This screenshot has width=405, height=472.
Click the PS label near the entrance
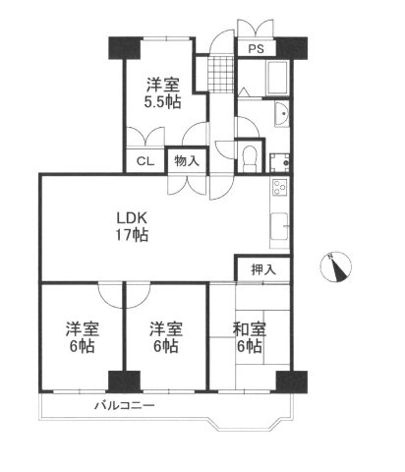coord(255,47)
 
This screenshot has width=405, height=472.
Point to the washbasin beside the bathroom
coord(283,116)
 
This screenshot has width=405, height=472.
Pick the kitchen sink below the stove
coord(277,223)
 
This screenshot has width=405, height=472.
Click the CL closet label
coord(144,162)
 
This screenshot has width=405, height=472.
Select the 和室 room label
coord(248,329)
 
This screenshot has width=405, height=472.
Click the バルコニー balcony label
coord(126,405)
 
